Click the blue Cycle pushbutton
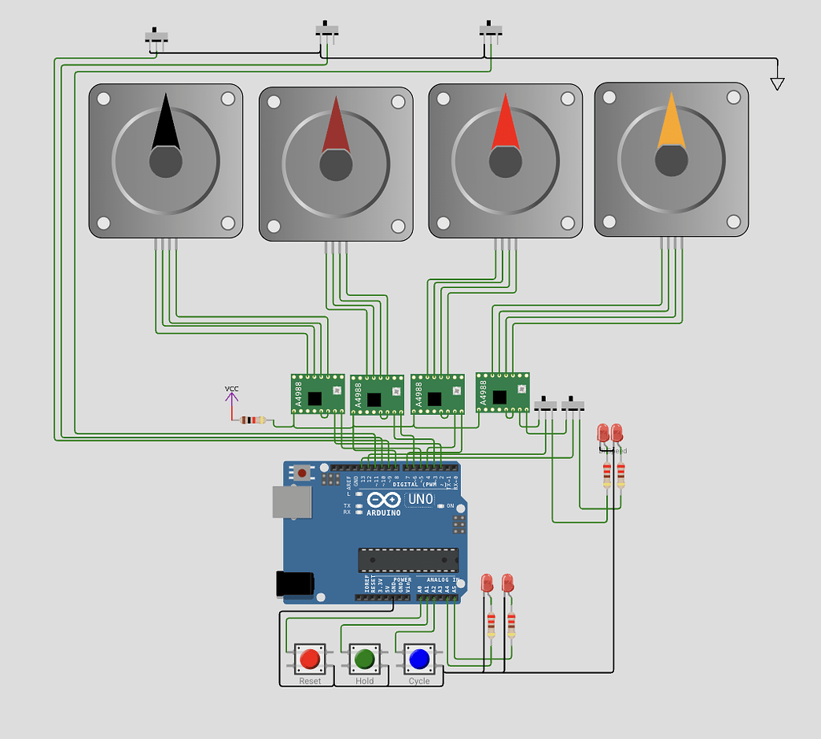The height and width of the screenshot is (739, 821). click(419, 660)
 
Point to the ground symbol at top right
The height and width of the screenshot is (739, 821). click(776, 83)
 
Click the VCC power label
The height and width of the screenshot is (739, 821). click(231, 390)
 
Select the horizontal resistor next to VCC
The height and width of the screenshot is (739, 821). click(254, 420)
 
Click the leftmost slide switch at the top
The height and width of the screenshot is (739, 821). click(157, 36)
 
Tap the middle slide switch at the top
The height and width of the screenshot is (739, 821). click(327, 30)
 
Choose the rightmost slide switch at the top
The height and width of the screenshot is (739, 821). click(491, 30)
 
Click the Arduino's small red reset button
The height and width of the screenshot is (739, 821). click(301, 473)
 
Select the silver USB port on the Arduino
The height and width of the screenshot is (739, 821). click(291, 501)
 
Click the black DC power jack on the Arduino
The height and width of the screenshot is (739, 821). click(294, 583)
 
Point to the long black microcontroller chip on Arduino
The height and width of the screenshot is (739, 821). click(408, 559)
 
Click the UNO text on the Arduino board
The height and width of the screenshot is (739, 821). click(420, 499)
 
